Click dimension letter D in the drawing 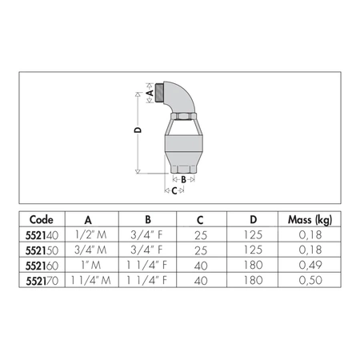(137, 129)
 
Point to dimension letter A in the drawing (149, 93)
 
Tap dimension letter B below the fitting (183, 180)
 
